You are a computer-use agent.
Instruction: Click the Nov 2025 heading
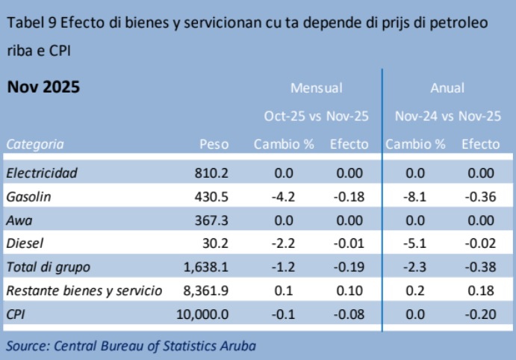[43, 87]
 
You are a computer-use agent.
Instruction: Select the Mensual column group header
[316, 88]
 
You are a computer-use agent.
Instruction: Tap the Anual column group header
[447, 88]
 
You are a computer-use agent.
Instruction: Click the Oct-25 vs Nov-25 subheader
[316, 117]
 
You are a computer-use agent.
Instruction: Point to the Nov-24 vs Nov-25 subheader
[447, 117]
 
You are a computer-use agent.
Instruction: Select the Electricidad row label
[42, 173]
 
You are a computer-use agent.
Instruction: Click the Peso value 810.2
[211, 173]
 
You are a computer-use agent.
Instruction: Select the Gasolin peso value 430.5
[211, 196]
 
